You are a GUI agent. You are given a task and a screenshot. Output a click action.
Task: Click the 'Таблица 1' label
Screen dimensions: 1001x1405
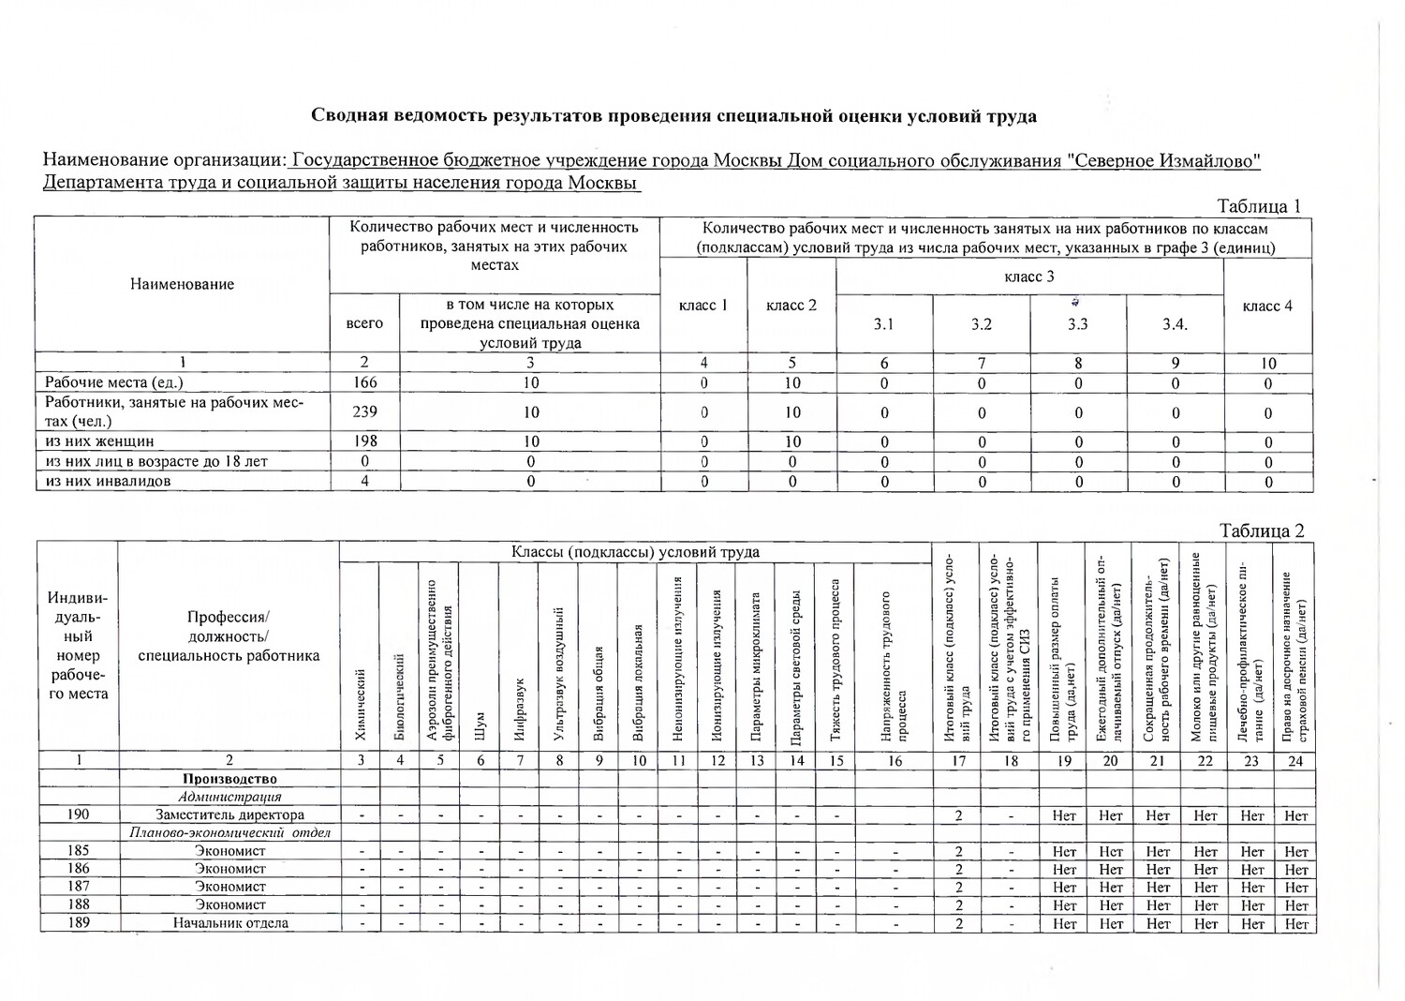point(1258,206)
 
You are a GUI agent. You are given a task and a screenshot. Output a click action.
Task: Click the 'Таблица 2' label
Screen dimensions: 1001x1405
point(1261,531)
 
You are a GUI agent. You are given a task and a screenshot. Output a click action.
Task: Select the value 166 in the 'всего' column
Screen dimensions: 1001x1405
point(364,382)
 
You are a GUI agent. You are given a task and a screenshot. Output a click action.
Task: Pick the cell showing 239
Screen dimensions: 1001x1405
point(364,411)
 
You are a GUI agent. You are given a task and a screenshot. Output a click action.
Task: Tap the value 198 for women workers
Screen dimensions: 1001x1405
point(364,441)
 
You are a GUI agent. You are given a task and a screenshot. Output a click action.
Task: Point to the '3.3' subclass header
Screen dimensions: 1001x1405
point(1078,324)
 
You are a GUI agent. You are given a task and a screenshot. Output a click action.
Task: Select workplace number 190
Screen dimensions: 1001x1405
point(79,815)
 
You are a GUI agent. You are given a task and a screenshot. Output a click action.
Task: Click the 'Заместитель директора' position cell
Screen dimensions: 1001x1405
point(229,815)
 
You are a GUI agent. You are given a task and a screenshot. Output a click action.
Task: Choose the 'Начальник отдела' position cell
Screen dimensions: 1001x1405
point(229,923)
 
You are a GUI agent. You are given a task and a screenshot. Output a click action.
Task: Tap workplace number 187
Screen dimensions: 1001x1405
point(79,887)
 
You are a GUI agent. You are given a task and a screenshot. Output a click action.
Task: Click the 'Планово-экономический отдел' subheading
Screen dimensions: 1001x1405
point(229,833)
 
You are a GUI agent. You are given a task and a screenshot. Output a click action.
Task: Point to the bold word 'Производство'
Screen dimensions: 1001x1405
point(229,779)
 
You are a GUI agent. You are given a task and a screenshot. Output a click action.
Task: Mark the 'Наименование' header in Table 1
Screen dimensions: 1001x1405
point(183,284)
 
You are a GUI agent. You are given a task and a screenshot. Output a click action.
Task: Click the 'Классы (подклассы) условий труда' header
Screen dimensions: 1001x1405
point(635,552)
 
